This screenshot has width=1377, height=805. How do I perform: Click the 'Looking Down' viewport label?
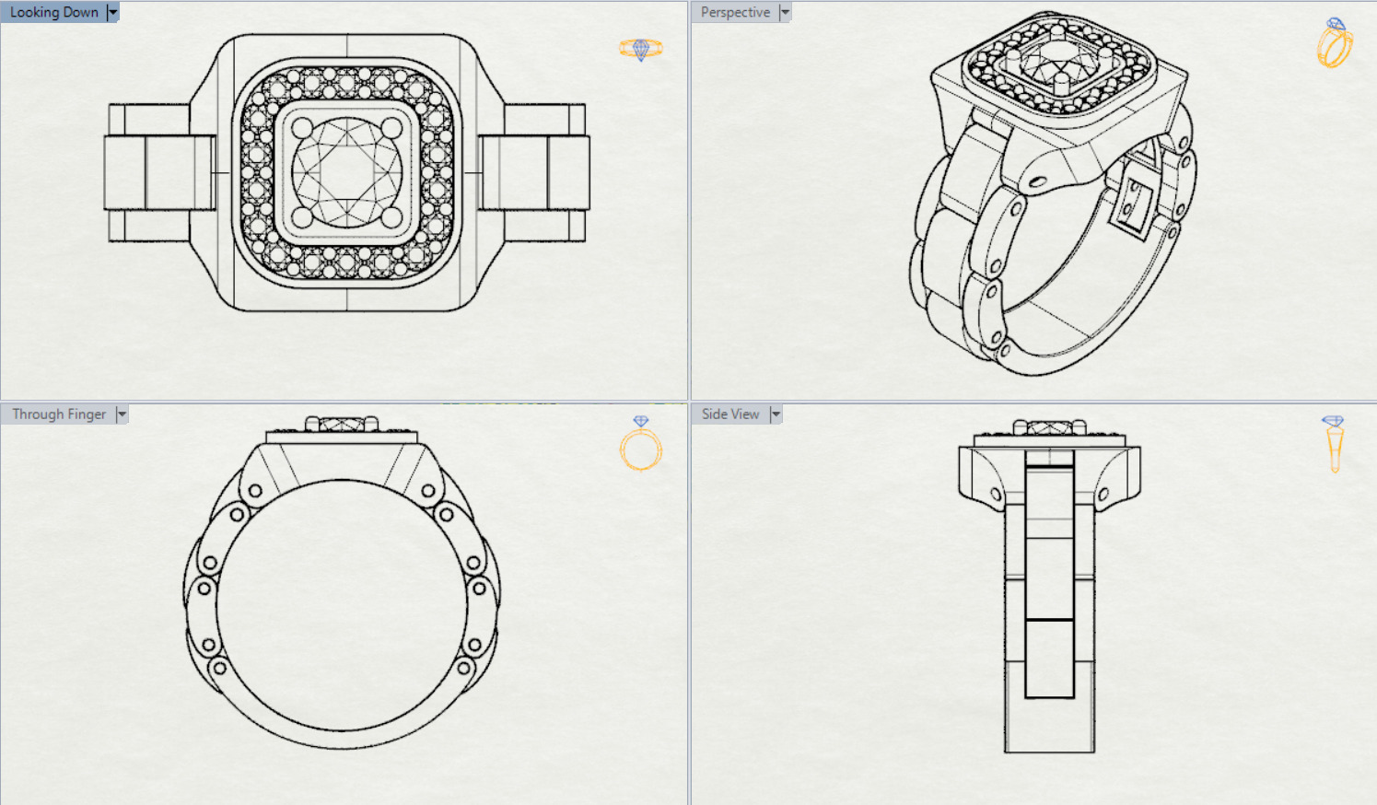coord(53,12)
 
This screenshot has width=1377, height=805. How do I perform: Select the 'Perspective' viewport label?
coord(735,12)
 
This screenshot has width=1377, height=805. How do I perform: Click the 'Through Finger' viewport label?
coord(59,414)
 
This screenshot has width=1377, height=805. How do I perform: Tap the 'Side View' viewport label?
coord(730,414)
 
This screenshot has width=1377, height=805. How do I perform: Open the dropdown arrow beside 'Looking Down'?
coord(112,12)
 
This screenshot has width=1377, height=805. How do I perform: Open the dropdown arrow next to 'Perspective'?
coord(785,12)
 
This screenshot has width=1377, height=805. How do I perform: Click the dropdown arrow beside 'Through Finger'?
coord(122,414)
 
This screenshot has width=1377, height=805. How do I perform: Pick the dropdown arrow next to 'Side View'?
coord(776,414)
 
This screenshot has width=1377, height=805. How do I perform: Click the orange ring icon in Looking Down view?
coord(640,48)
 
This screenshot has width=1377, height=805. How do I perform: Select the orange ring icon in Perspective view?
coord(1335,43)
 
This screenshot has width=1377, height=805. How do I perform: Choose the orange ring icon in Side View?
coord(1334,443)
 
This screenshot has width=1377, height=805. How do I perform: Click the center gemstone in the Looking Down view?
coord(347,172)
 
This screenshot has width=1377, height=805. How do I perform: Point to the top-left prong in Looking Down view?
coord(302,127)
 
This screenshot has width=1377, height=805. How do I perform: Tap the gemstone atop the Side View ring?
coord(1049,428)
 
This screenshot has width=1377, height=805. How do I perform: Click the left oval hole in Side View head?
coord(996,496)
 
